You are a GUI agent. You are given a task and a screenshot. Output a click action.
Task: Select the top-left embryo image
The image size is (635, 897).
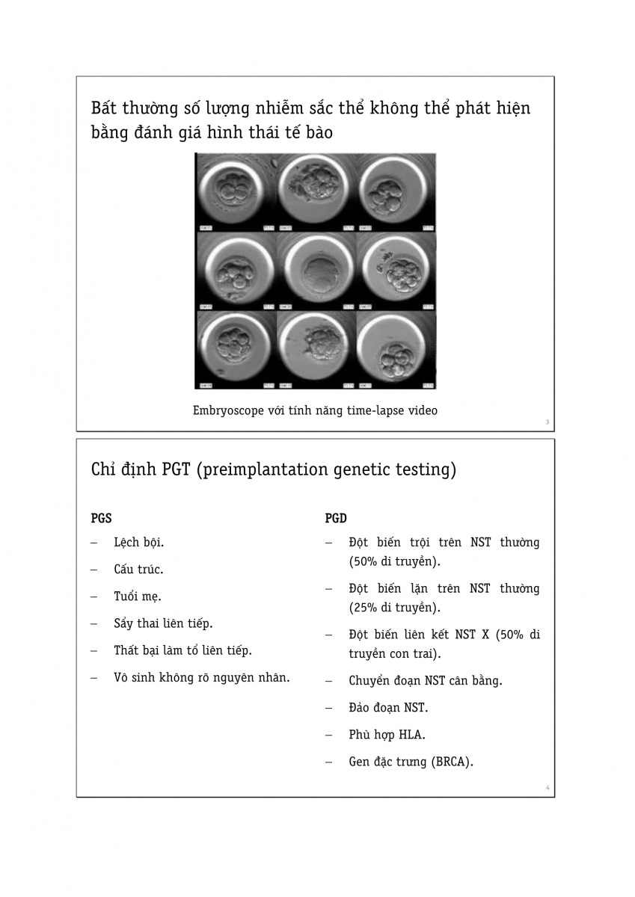235,191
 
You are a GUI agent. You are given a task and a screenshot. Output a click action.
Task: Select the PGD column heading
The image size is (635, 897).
336,518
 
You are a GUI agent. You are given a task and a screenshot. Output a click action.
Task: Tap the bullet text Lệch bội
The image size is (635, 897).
138,542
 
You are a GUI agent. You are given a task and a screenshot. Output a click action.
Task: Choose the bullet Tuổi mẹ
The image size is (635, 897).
137,597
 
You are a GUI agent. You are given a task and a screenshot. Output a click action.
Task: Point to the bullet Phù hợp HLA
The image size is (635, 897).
387,735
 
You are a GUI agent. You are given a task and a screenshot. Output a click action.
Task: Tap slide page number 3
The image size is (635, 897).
547,423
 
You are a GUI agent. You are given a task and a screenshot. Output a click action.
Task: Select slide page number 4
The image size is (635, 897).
547,788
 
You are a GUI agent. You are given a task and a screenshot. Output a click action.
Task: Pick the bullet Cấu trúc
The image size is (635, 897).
138,570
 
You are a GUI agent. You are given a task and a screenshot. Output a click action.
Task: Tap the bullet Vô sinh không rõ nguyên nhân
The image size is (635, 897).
201,678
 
